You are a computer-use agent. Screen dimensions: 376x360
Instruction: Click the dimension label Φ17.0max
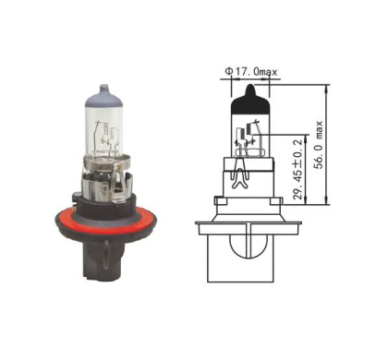click(251, 72)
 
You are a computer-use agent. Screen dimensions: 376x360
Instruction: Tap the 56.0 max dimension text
click(318, 145)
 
